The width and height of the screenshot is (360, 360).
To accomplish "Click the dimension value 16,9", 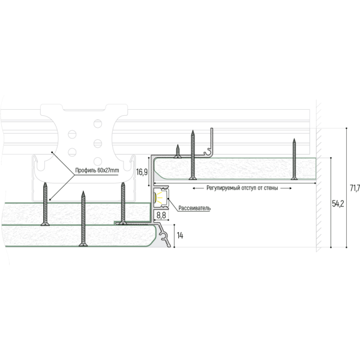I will (x=142, y=172).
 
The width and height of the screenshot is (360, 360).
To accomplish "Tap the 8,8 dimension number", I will (x=161, y=214).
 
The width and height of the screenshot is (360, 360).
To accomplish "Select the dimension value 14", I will (x=181, y=236).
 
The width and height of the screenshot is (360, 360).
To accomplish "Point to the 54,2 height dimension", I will (x=338, y=204).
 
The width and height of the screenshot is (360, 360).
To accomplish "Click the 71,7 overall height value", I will (x=354, y=188).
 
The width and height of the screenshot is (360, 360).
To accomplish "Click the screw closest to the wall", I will (x=295, y=159).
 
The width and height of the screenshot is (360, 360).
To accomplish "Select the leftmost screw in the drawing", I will (x=45, y=204).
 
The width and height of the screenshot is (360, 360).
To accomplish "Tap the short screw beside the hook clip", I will (x=178, y=149).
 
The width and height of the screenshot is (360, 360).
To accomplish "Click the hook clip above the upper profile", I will (x=210, y=143).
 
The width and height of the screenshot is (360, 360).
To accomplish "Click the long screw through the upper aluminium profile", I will (x=193, y=155).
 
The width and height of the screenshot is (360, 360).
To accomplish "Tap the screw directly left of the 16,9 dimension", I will (x=122, y=204).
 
